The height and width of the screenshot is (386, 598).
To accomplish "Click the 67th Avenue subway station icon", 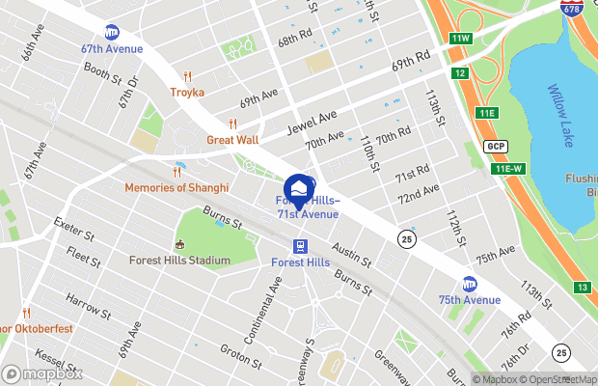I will (x=112, y=33).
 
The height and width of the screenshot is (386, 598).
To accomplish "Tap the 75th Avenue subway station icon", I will (x=470, y=284).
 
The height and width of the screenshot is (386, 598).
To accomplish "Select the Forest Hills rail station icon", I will (x=301, y=245).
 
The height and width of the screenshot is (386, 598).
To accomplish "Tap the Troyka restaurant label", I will (x=188, y=92).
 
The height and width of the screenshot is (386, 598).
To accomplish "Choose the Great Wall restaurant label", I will (x=232, y=140).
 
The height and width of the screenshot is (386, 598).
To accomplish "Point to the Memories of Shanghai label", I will (x=177, y=187).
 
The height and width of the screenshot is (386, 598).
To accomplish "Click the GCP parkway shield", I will (x=496, y=146).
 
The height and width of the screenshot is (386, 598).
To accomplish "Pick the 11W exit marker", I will (x=460, y=39).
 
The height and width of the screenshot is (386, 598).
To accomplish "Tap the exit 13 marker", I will (x=582, y=288).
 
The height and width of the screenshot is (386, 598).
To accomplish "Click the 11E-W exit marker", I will (x=508, y=169).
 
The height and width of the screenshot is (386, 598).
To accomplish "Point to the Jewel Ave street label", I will (x=314, y=124).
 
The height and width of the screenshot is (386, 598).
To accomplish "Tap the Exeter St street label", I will (x=74, y=234).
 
